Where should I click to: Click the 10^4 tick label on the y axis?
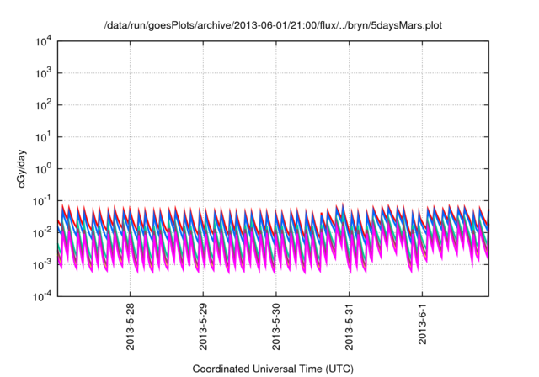(43, 40)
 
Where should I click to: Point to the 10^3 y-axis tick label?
(43, 72)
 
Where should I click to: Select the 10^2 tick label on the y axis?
(43, 104)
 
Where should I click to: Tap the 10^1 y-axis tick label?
(43, 136)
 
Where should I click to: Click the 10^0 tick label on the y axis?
(43, 168)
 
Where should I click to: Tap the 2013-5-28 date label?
(131, 327)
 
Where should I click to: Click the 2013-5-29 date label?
(203, 327)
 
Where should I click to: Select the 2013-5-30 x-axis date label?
(276, 327)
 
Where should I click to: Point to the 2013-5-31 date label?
(349, 327)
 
